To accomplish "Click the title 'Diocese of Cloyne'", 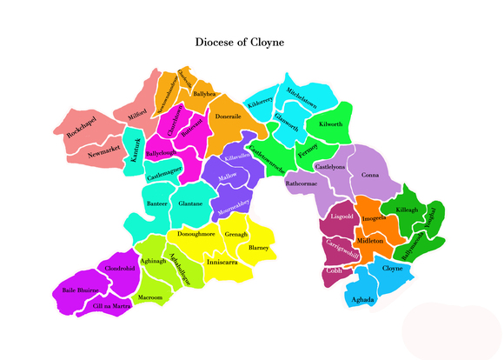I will pos(239,42).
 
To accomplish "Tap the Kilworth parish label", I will pos(331,124).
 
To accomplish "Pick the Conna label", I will pos(371,175).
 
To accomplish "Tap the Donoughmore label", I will pos(196,234).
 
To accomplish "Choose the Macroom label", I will pos(150,297).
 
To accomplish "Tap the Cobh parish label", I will pos(335,270).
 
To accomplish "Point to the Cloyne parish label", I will pos(393,269).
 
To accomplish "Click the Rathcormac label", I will pos(302,183).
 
